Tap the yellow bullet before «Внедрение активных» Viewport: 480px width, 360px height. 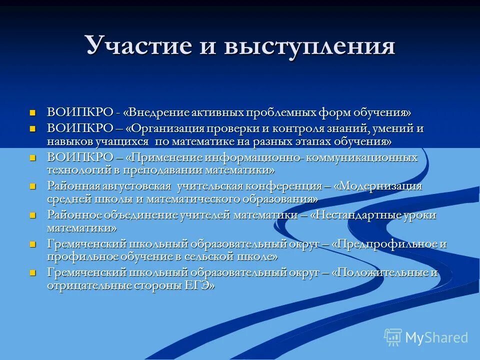tap(33, 112)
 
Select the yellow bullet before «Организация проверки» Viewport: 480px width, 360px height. tap(33, 129)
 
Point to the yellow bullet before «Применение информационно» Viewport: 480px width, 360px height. tap(33, 158)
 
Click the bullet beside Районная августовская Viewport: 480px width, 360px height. tap(33, 186)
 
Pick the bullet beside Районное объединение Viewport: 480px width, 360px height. tap(33, 215)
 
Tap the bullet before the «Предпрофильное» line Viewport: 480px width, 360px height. tap(33, 244)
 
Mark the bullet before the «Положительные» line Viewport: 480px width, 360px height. tap(33, 273)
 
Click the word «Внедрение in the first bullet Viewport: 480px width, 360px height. tap(157, 112)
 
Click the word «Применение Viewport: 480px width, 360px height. tap(164, 157)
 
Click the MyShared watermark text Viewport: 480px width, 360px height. tap(436, 337)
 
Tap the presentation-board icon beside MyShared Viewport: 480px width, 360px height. tap(393, 337)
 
